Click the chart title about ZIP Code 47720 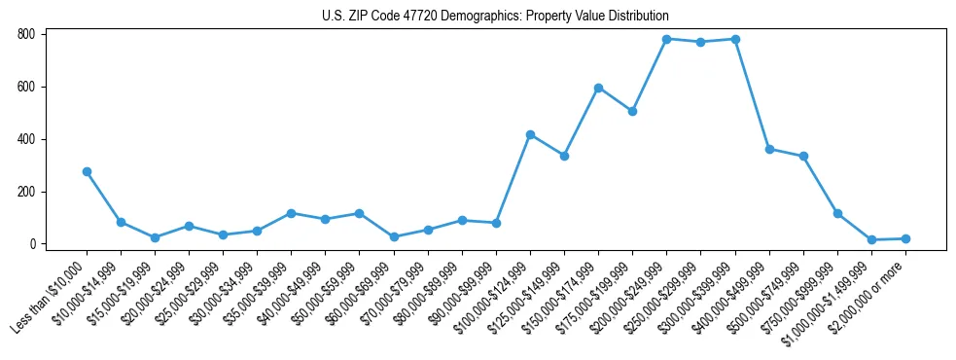pos(495,16)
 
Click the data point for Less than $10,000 pos(87,171)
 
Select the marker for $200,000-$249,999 pos(666,39)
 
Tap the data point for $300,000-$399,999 pos(735,39)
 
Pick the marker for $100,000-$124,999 pos(530,134)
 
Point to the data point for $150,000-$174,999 pos(598,88)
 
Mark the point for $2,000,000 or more pos(905,238)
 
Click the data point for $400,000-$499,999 pos(769,149)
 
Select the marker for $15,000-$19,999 pos(155,237)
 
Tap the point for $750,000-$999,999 pos(837,213)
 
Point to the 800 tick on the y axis pos(26,34)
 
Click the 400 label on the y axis pos(26,139)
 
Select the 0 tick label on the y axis pos(32,244)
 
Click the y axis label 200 pos(26,192)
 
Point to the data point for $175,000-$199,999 pos(632,111)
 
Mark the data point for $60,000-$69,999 pos(394,236)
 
